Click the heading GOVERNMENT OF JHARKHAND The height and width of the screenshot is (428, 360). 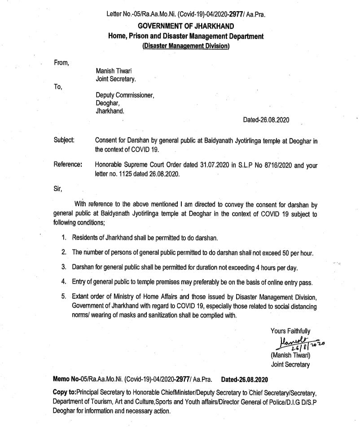185,26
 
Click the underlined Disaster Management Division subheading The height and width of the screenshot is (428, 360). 185,46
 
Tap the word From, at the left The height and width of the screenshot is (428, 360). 61,63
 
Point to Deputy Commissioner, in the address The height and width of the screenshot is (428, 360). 125,95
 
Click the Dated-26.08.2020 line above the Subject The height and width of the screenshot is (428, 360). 266,120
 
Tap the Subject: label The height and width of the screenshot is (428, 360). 64,140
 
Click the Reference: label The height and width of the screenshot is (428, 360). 68,165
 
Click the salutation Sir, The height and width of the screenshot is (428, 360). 57,188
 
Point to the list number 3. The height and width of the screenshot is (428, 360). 64,267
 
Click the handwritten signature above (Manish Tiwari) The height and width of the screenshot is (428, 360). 294,344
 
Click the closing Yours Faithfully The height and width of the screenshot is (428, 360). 290,331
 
